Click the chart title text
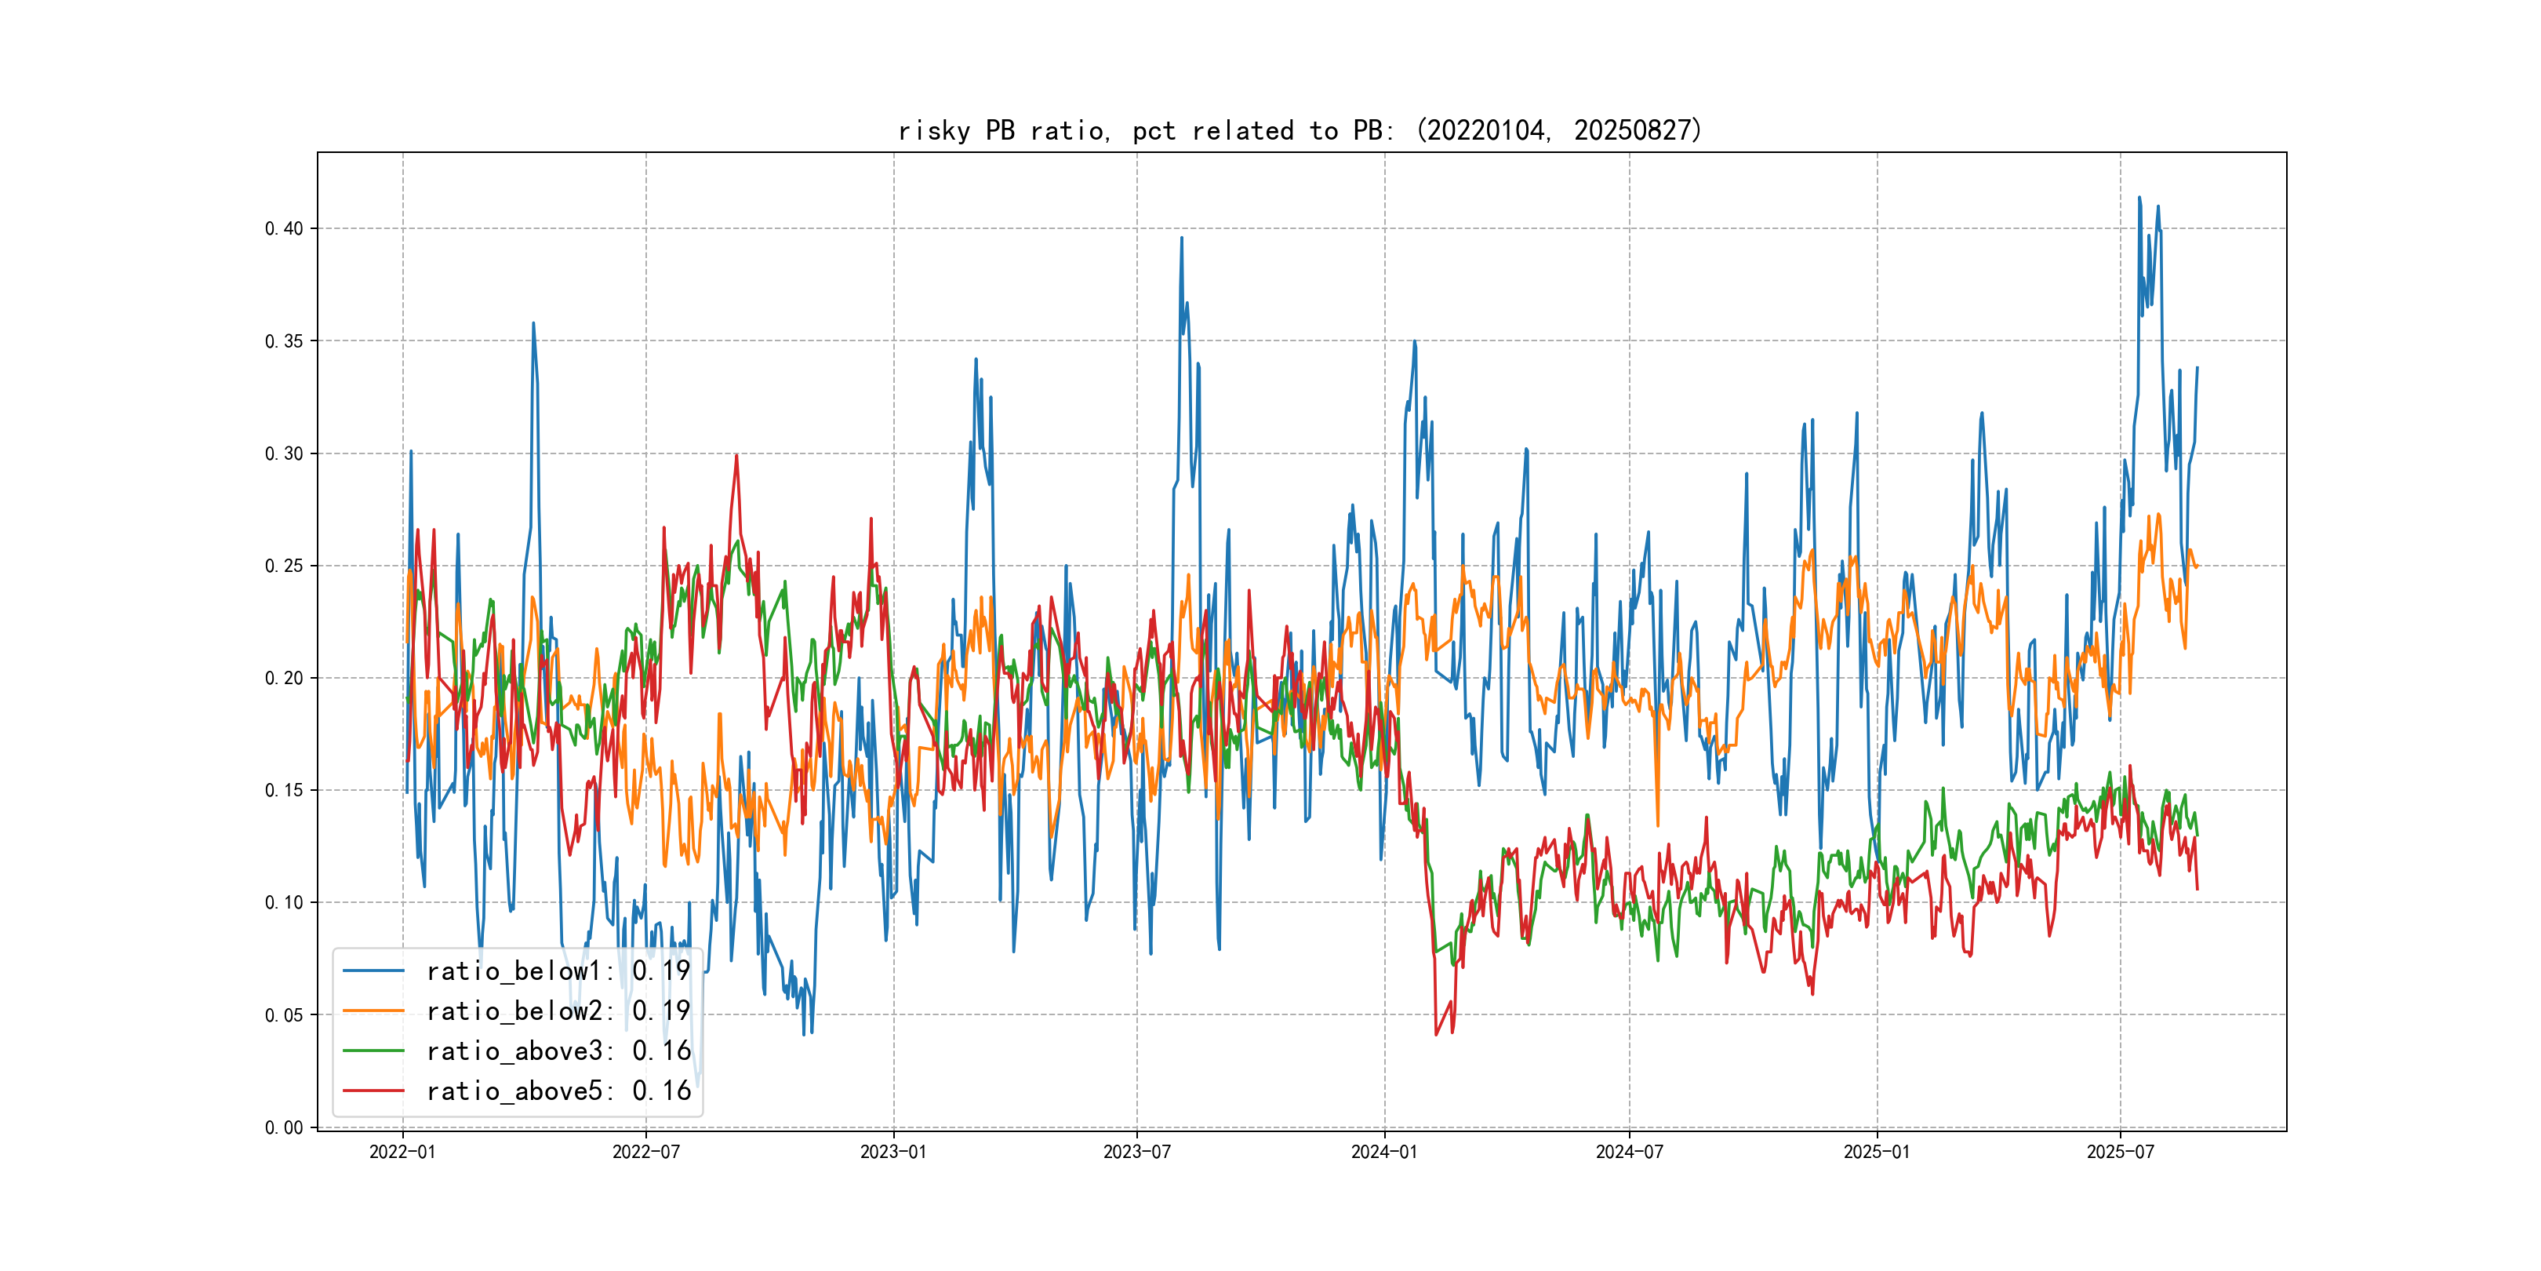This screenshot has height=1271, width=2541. [1300, 130]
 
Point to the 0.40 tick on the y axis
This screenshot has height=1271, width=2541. [284, 229]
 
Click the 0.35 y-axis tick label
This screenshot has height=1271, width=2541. [284, 341]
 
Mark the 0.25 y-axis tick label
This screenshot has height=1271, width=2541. [284, 566]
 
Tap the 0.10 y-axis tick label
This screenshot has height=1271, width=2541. [284, 903]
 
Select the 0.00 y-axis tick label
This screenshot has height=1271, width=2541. [284, 1128]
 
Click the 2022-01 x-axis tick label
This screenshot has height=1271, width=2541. [402, 1153]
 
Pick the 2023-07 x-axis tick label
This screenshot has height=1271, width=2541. [1136, 1153]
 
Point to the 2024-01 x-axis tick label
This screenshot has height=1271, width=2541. [1384, 1153]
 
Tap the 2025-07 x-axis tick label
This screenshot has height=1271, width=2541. [2121, 1153]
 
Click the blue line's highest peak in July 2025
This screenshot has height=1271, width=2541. [2139, 198]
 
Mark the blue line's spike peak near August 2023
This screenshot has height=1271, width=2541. [1182, 238]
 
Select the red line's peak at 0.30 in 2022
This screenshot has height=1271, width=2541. [736, 455]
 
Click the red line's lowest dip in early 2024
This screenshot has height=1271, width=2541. [1436, 1034]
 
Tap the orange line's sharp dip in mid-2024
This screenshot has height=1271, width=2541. [1657, 825]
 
